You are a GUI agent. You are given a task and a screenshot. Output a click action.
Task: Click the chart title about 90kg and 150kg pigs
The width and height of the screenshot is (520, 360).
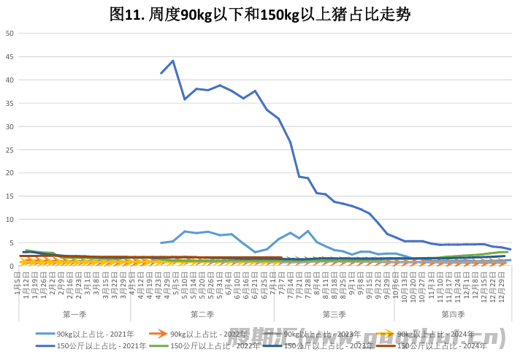click(x=260, y=14)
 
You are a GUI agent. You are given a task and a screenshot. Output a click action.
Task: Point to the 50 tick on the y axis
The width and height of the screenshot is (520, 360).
click(x=9, y=34)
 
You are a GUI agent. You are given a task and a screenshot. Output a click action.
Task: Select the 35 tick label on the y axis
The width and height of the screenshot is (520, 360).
click(x=9, y=103)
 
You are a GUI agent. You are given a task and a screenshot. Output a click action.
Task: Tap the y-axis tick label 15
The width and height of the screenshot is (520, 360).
click(x=9, y=196)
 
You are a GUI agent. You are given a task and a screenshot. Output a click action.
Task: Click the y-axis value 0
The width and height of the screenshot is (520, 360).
click(x=12, y=266)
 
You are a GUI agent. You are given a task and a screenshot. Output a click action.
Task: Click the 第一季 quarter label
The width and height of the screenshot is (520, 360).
click(x=75, y=314)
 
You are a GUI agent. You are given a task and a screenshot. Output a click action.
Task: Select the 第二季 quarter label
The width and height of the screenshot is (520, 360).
click(x=202, y=314)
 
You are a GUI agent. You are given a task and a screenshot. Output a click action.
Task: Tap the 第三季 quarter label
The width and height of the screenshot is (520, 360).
click(x=334, y=314)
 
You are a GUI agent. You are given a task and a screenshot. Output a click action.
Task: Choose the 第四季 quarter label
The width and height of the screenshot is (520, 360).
click(x=453, y=314)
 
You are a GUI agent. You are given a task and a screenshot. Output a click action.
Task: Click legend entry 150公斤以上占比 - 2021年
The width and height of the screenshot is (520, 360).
click(x=102, y=345)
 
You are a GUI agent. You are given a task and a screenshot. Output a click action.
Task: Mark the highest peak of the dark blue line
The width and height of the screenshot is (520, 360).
click(x=173, y=61)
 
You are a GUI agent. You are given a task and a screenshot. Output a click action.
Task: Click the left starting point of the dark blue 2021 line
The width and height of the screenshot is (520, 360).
click(x=161, y=73)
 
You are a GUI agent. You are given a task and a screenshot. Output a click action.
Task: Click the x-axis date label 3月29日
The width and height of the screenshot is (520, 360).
click(x=123, y=282)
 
